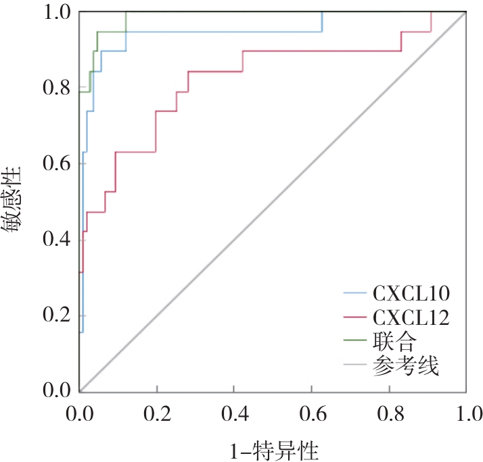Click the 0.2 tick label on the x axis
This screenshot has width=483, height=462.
tap(158, 412)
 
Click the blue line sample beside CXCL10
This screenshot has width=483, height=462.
tap(354, 293)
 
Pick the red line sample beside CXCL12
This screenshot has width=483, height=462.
tap(354, 316)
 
